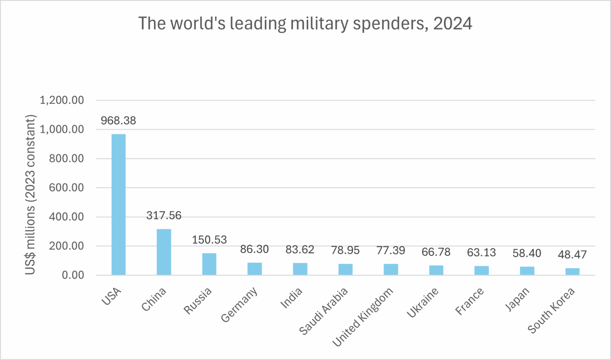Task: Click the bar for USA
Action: (x=119, y=204)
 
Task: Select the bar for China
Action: (x=164, y=252)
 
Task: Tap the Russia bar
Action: (x=209, y=264)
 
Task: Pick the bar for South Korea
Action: (x=572, y=271)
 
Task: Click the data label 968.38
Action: (x=118, y=121)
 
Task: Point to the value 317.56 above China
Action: (x=164, y=216)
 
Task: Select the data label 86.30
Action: (x=255, y=249)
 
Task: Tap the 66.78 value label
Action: (x=436, y=252)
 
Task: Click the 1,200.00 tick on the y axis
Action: (x=62, y=100)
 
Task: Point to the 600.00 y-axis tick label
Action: (x=66, y=188)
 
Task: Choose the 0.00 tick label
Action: (x=73, y=275)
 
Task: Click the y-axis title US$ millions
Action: (x=31, y=195)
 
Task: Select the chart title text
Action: (x=305, y=23)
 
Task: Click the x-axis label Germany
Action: (x=239, y=305)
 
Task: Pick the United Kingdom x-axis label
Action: (x=362, y=317)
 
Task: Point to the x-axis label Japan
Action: (x=517, y=299)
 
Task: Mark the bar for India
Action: (x=300, y=269)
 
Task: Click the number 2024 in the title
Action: (x=453, y=23)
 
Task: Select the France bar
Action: (x=482, y=270)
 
